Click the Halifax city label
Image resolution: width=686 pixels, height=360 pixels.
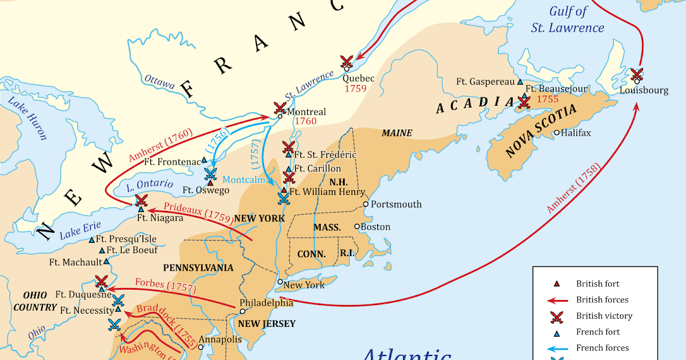pyautogui.click(x=576, y=133)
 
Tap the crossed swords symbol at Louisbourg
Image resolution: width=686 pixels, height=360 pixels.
pyautogui.click(x=636, y=75)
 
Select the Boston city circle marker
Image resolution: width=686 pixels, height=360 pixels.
pyautogui.click(x=357, y=226)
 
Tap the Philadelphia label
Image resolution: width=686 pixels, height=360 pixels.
pyautogui.click(x=266, y=303)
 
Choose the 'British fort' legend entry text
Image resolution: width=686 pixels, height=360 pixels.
pyautogui.click(x=597, y=284)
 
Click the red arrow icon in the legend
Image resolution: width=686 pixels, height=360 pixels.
pyautogui.click(x=556, y=300)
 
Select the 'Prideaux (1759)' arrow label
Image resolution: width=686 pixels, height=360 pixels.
pyautogui.click(x=197, y=212)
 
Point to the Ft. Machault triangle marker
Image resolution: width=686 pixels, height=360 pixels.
pyautogui.click(x=106, y=262)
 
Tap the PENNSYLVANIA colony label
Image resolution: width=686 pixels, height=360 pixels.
pyautogui.click(x=198, y=267)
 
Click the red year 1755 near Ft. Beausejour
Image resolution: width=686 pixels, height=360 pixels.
pyautogui.click(x=547, y=99)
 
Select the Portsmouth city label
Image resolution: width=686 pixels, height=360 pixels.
pyautogui.click(x=396, y=204)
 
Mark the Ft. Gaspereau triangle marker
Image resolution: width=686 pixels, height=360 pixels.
pyautogui.click(x=520, y=82)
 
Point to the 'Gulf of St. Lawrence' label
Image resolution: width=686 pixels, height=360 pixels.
pyautogui.click(x=576, y=19)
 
